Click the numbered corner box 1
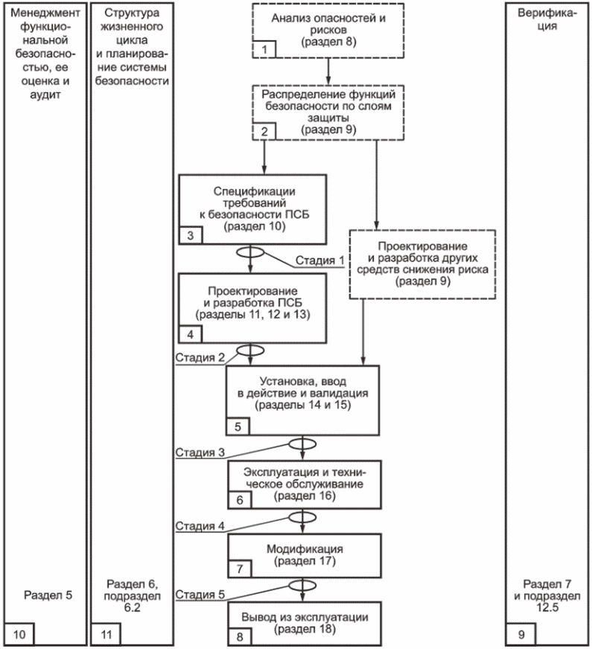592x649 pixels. [264, 49]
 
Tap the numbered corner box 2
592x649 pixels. [264, 132]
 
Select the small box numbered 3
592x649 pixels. [191, 235]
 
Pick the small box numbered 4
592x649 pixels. [191, 334]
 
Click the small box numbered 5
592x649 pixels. [238, 426]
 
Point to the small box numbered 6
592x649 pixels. [240, 499]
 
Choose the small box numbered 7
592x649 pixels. [240, 569]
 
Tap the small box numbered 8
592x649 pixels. [240, 637]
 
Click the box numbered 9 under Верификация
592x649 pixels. [521, 634]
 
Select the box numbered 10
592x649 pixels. [19, 634]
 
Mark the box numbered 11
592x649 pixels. [106, 634]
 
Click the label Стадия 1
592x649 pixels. [319, 260]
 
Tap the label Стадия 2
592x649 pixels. [200, 357]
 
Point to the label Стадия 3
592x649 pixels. [200, 453]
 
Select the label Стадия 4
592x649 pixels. [200, 526]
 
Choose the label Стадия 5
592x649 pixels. [200, 595]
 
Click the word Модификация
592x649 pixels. [305, 549]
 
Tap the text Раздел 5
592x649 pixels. [48, 595]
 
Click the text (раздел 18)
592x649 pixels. [305, 630]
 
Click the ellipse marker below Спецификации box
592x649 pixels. [250, 252]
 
